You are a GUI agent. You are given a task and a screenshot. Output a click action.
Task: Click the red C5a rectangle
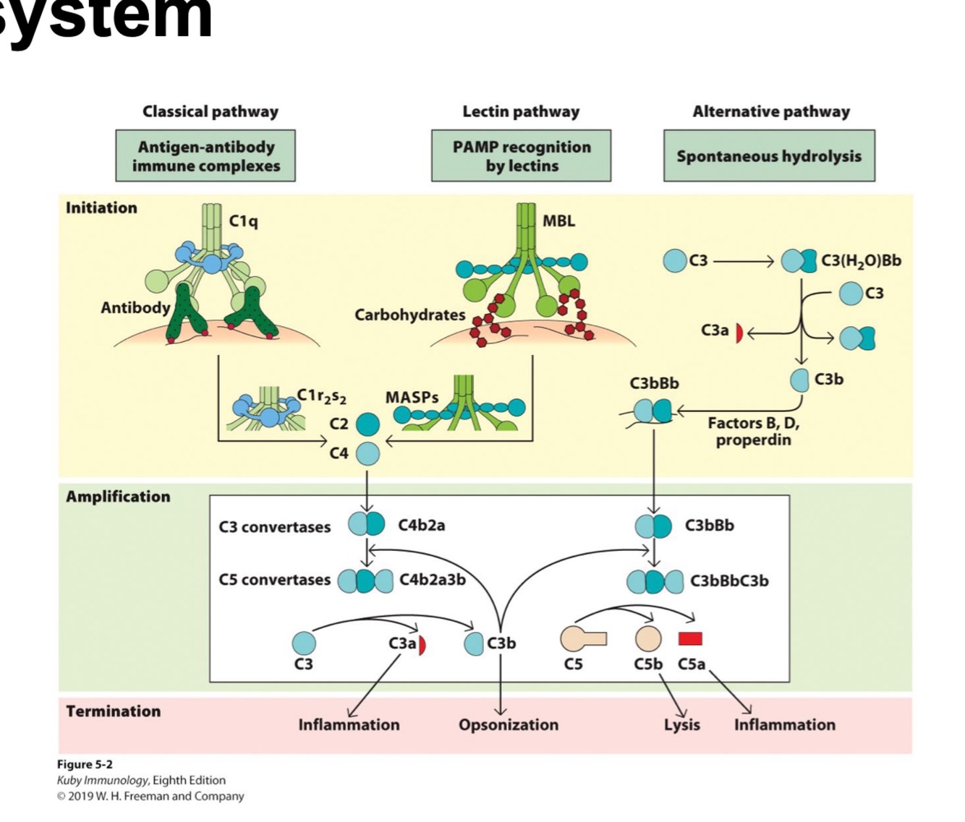coord(690,638)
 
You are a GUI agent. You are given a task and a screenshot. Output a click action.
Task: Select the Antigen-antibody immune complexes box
coord(205,156)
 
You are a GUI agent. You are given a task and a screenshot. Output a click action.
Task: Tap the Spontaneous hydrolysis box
coord(769,156)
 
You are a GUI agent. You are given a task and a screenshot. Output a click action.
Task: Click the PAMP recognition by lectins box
coord(521,156)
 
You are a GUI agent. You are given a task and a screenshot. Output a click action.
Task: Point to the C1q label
coord(243,221)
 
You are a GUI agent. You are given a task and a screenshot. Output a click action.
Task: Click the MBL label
coord(558,221)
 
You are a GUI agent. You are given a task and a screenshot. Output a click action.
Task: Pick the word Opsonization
coord(508,724)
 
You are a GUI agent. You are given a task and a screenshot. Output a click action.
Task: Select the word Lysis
coord(681,724)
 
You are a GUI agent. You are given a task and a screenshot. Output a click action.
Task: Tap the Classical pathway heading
coord(210,111)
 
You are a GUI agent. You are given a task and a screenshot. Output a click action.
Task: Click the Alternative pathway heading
coord(771,111)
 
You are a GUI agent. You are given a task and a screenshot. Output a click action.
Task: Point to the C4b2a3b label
coord(433,580)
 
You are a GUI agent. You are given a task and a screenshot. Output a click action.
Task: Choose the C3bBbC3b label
coord(729,581)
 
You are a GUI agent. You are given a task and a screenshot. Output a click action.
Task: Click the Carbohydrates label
coord(409,315)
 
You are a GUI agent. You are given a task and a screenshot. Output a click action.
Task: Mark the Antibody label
coord(135,308)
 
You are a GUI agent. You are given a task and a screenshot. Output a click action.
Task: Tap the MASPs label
coord(412,398)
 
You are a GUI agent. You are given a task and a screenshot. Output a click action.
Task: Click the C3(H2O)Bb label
coord(861,261)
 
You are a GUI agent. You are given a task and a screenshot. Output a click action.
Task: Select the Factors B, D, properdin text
coord(753,432)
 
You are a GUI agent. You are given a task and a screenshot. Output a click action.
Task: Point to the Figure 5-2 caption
coord(85,764)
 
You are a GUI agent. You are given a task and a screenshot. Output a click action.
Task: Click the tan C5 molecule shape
coord(582,638)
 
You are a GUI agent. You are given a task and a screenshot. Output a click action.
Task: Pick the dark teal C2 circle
coord(367,424)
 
